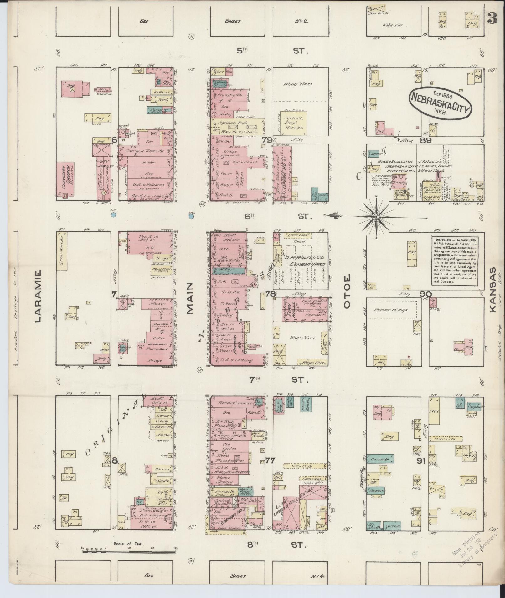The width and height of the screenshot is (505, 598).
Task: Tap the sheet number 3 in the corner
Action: click(x=492, y=19)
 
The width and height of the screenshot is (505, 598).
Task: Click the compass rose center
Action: click(x=376, y=216)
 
